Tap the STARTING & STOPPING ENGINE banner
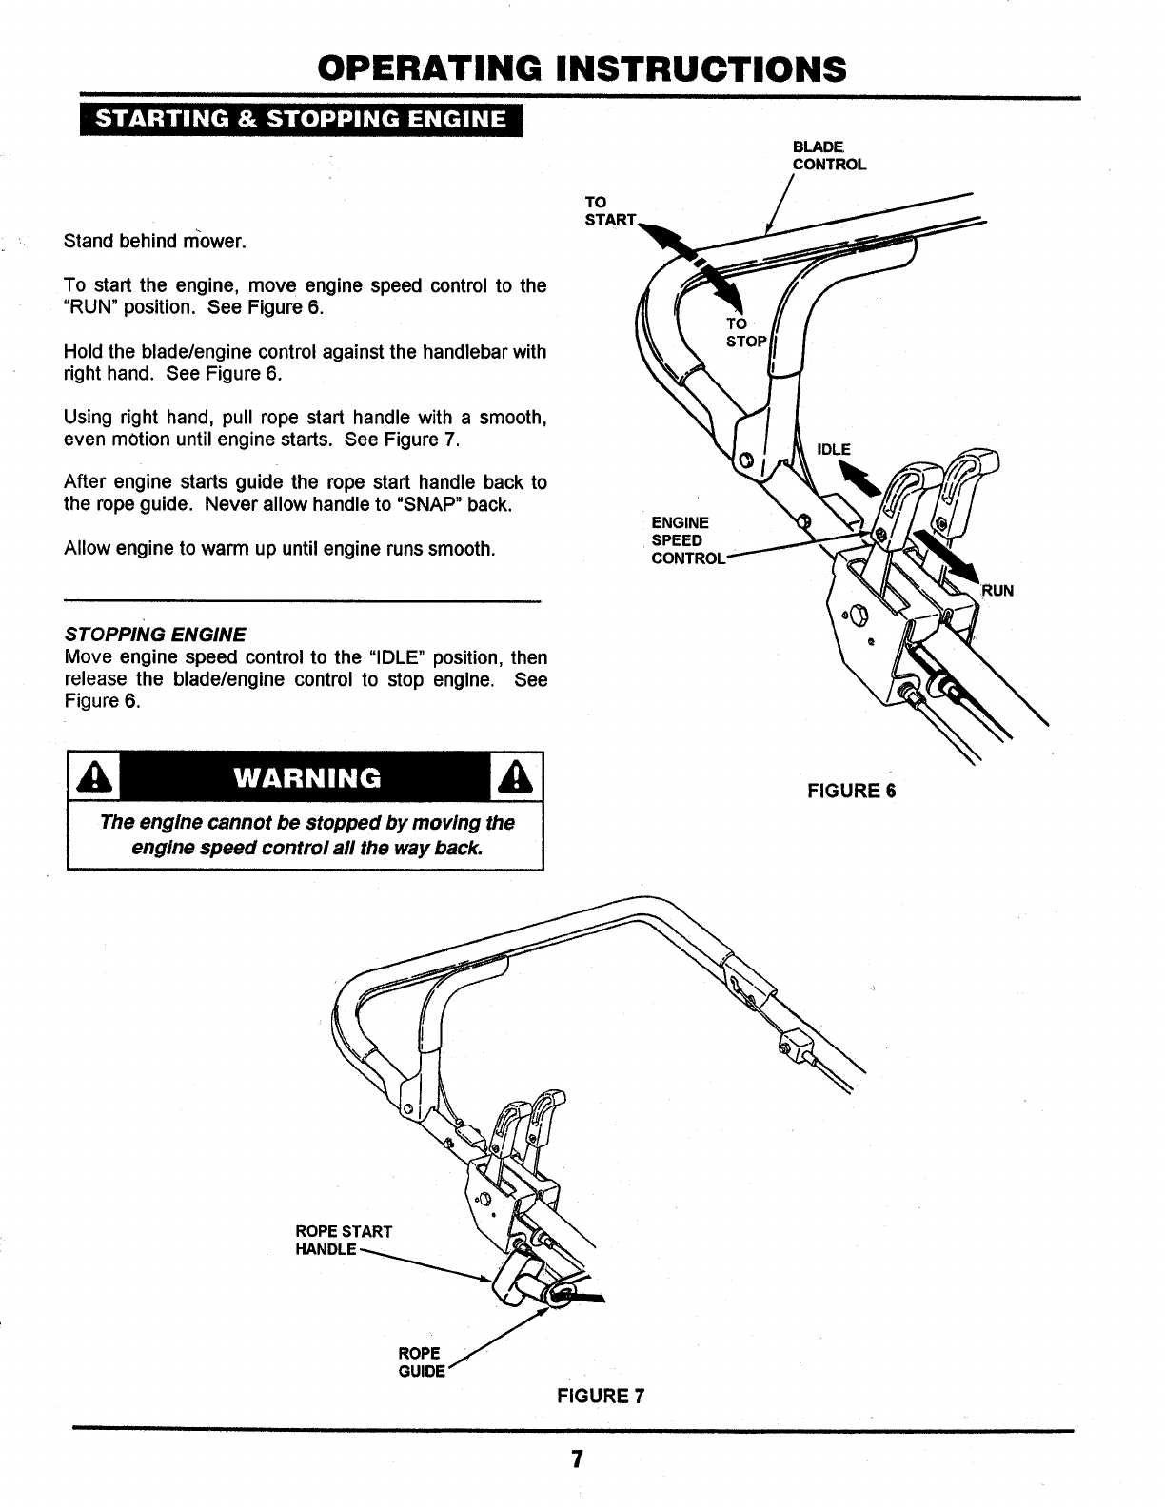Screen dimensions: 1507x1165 [x=301, y=121]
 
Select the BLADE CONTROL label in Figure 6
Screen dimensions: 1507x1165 [x=829, y=155]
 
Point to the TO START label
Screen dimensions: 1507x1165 [x=608, y=211]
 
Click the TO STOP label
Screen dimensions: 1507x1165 [x=744, y=332]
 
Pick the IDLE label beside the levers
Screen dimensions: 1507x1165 [x=834, y=449]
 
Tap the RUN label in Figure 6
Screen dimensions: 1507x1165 [x=997, y=590]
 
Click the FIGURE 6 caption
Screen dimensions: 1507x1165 [x=852, y=791]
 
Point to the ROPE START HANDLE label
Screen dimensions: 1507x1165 [x=343, y=1240]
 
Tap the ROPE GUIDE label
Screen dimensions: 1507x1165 [x=420, y=1361]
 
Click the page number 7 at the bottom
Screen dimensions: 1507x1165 [x=577, y=1460]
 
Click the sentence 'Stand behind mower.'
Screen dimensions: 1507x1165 [x=155, y=241]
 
